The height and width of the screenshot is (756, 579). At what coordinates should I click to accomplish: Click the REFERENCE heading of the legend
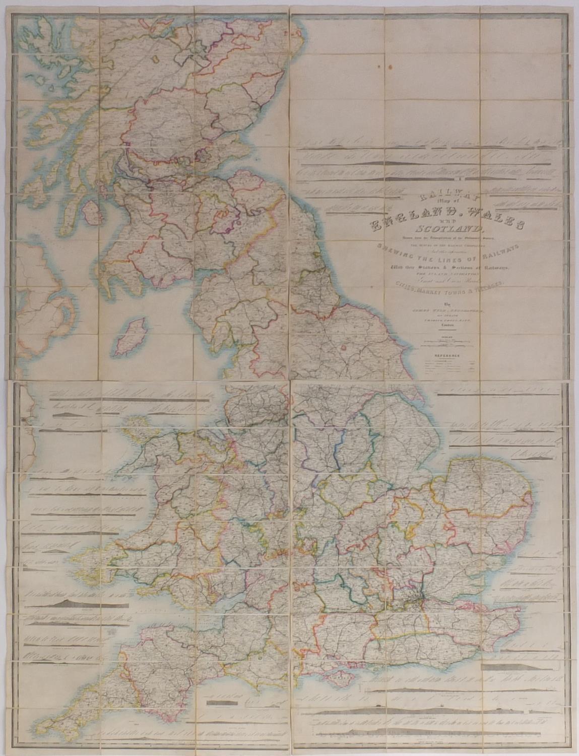(x=447, y=356)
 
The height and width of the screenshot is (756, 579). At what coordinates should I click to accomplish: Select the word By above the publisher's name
(x=445, y=304)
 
